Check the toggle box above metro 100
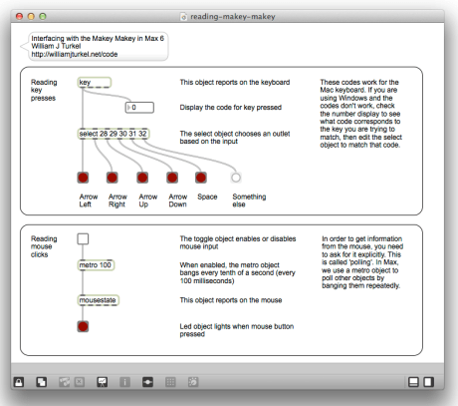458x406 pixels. [84, 238]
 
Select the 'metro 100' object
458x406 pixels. [96, 265]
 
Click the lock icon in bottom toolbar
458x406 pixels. [18, 381]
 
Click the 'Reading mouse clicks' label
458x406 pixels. [45, 248]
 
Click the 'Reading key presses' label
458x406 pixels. [45, 92]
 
